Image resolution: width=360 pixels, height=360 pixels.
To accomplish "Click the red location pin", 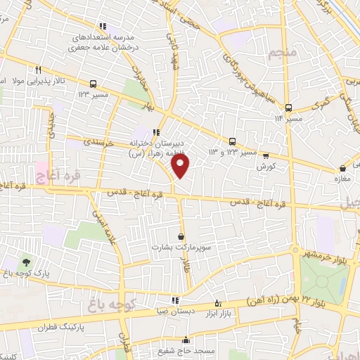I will click(181, 165).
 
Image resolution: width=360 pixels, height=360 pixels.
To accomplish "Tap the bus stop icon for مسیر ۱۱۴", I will click(288, 108).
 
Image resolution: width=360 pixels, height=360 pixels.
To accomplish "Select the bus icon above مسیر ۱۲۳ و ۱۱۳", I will click(233, 141).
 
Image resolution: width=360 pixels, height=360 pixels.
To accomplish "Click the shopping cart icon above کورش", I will click(265, 156).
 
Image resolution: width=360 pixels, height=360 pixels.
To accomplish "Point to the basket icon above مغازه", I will click(342, 169).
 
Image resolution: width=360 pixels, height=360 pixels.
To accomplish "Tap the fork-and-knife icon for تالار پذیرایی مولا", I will click(39, 70).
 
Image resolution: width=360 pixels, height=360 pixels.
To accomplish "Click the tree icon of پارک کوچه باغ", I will click(27, 263).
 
